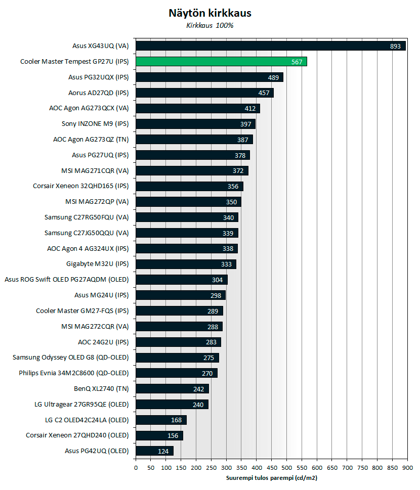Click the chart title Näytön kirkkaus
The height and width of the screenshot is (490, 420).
click(210, 13)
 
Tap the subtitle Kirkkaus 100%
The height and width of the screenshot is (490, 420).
click(210, 25)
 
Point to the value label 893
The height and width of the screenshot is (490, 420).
click(395, 47)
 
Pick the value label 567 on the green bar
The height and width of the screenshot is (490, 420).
click(297, 62)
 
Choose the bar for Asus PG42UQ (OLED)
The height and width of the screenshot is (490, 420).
click(154, 451)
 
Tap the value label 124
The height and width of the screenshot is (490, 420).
click(163, 451)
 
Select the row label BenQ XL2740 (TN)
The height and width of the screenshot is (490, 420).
click(101, 389)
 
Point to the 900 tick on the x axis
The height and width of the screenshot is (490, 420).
click(407, 468)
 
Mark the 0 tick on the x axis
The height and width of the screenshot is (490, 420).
click(136, 468)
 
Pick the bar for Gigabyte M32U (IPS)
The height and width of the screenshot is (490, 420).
click(186, 264)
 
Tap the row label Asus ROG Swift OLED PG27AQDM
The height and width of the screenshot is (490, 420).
click(66, 280)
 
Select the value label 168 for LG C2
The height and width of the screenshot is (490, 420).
click(177, 420)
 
